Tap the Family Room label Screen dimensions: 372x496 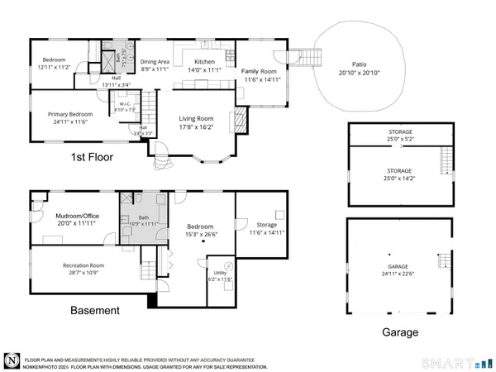258,72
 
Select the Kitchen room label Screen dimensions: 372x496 204,62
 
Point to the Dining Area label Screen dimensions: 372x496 155,62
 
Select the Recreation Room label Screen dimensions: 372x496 83,265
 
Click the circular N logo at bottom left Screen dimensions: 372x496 12,361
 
